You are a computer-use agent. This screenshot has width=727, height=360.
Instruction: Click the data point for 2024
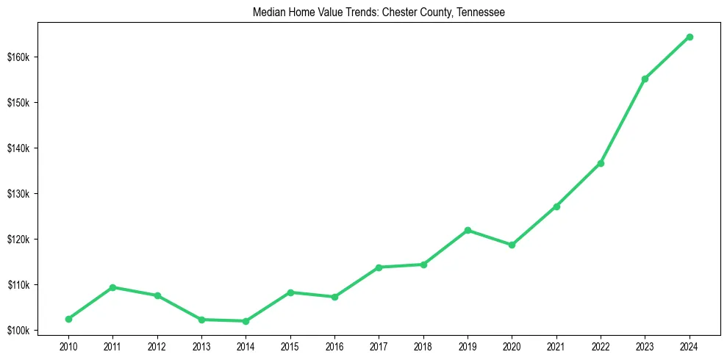690,37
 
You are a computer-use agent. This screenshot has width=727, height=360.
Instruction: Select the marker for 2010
68,319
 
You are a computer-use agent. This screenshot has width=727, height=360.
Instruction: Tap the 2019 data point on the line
468,230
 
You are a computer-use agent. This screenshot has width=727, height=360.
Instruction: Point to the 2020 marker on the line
512,245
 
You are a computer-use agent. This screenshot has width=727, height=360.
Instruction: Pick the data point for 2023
645,79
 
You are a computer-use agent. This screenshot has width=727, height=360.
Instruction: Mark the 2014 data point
246,321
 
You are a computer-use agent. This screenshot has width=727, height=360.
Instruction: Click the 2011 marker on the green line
112,287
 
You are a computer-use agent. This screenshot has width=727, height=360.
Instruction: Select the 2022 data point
601,163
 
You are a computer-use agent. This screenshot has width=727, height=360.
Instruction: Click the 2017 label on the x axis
379,346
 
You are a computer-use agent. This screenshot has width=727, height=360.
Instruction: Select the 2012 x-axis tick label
157,346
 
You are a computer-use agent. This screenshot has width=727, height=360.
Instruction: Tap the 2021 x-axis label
556,346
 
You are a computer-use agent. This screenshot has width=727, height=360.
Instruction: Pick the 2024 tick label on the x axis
690,346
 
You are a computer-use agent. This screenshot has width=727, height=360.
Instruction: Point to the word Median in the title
267,12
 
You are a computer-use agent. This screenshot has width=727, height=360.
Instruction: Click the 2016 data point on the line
334,297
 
